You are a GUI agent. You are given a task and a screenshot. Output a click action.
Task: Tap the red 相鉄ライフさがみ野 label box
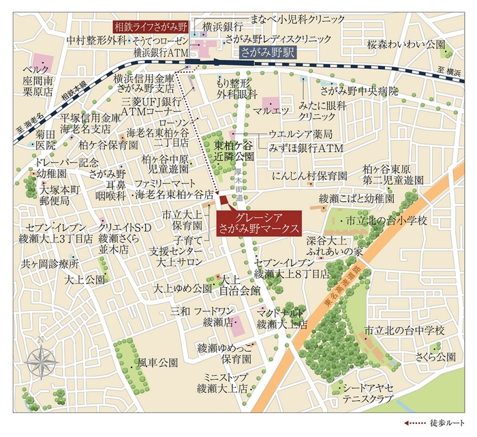[x=149, y=27]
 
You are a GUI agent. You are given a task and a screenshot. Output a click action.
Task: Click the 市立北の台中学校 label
[x=404, y=330]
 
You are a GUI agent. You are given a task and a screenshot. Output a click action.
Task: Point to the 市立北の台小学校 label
[x=386, y=221]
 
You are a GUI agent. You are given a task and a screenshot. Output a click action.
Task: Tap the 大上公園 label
[x=84, y=280]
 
